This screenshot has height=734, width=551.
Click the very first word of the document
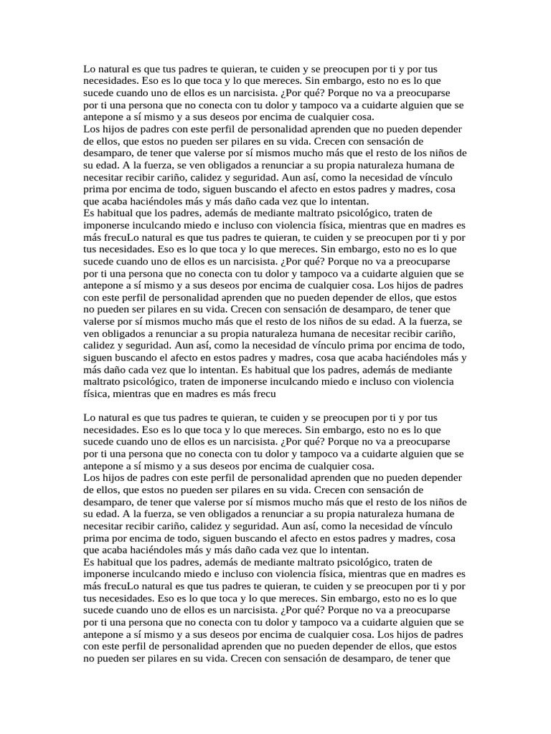[89, 70]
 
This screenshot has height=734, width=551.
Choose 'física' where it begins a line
[97, 394]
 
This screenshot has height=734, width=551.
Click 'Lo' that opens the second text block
[89, 416]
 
